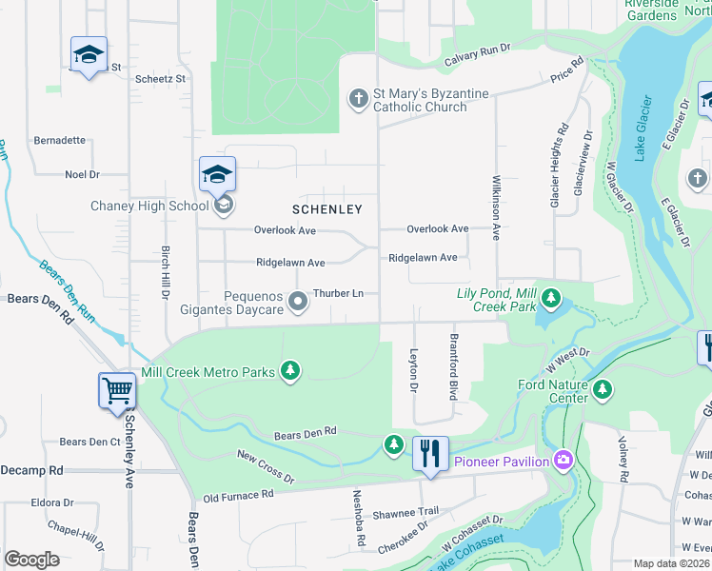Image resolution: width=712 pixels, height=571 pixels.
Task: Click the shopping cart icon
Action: click(117, 391)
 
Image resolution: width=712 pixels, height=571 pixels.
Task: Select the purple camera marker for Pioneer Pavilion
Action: click(564, 462)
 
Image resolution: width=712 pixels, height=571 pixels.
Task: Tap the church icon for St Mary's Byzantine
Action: click(358, 99)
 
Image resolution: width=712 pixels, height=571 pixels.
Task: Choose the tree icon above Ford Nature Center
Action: click(602, 388)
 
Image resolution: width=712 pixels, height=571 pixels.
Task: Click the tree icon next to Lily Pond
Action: click(550, 300)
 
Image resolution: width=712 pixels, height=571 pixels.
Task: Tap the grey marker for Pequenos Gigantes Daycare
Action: click(298, 303)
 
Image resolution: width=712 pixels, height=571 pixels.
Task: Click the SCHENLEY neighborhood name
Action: click(326, 208)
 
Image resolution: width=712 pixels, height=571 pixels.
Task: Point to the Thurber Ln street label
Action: click(338, 293)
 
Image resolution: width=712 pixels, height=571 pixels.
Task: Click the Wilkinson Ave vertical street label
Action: click(495, 207)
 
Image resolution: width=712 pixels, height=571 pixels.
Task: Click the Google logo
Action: click(31, 560)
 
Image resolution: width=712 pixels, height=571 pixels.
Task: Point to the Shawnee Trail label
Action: click(406, 512)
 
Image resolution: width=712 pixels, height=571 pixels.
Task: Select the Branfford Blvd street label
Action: click(454, 366)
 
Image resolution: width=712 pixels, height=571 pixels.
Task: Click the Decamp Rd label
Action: click(31, 470)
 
